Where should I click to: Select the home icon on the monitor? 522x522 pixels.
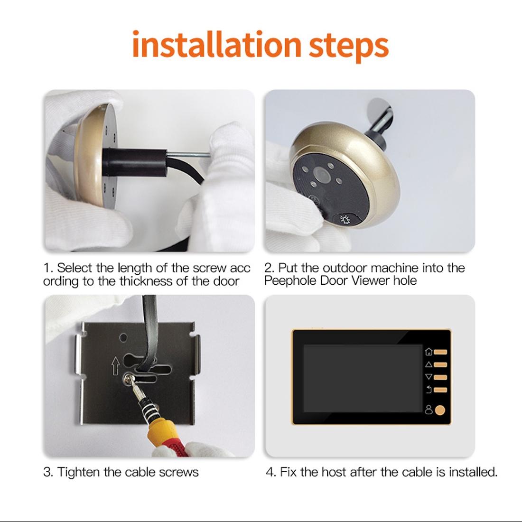tap(429, 352)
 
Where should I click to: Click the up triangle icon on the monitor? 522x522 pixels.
tap(429, 364)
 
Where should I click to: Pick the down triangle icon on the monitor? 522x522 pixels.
tap(429, 377)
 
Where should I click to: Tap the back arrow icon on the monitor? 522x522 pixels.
tap(429, 390)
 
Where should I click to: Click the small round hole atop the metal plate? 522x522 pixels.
tap(123, 338)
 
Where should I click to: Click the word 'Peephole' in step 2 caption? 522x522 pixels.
tap(289, 280)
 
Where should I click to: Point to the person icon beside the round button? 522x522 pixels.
tap(429, 410)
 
